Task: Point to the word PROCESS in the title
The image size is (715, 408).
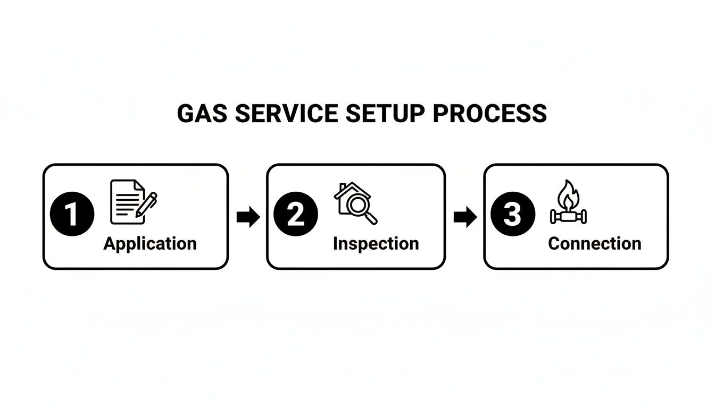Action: click(489, 114)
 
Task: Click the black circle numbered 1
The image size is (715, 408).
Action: click(72, 215)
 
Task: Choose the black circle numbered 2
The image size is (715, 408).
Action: click(296, 215)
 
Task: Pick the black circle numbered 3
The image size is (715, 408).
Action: click(513, 215)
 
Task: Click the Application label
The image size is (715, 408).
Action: click(150, 244)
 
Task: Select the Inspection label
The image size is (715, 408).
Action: click(376, 244)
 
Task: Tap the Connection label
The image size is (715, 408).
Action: click(594, 244)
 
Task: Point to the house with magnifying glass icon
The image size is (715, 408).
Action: click(355, 202)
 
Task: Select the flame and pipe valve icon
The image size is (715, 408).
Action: click(568, 202)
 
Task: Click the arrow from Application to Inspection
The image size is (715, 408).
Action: click(247, 217)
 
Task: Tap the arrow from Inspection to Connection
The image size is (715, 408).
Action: click(465, 217)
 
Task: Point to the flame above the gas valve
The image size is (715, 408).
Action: click(568, 194)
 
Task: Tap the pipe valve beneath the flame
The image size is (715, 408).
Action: click(568, 217)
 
